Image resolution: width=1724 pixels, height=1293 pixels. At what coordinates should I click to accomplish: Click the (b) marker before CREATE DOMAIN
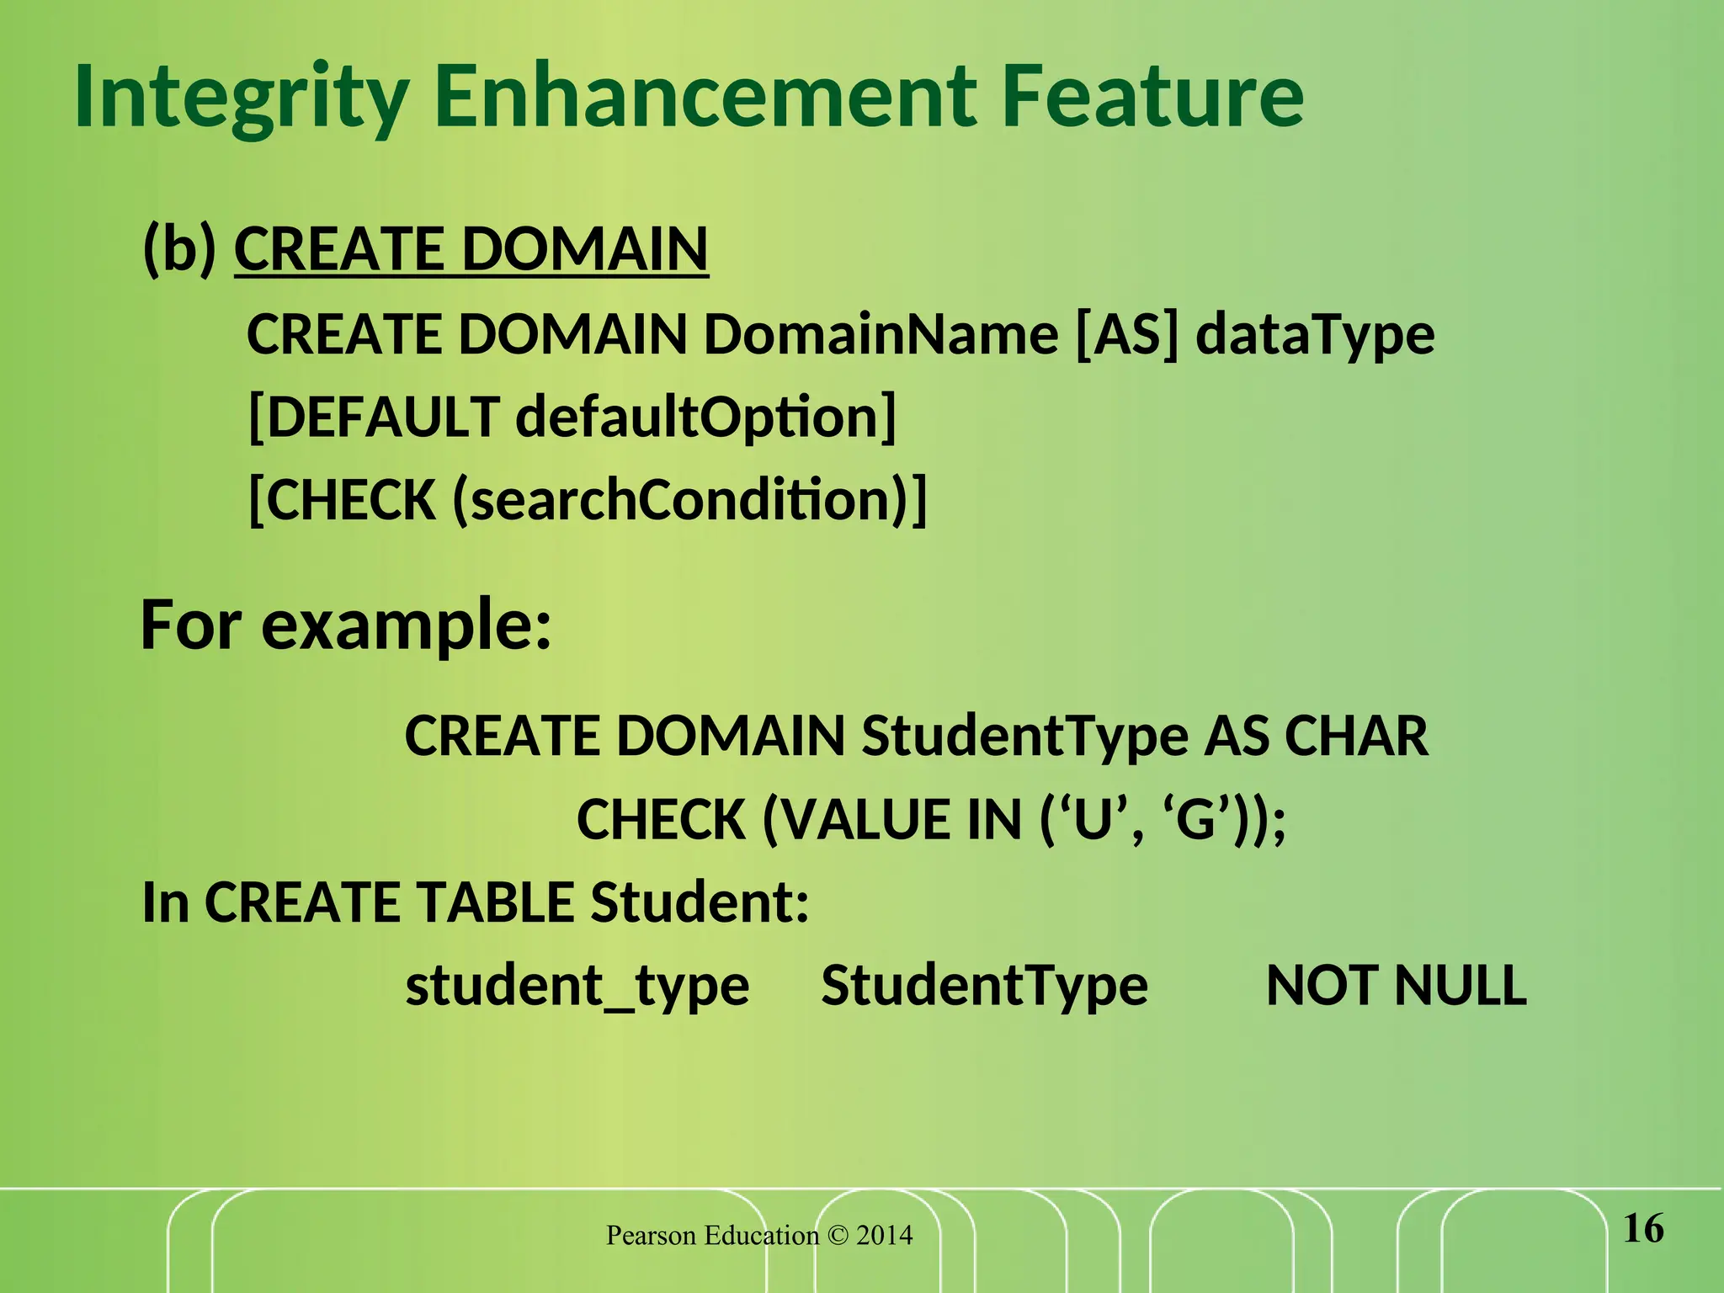pyautogui.click(x=179, y=250)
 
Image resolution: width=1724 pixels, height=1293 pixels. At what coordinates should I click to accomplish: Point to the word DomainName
pyautogui.click(x=881, y=334)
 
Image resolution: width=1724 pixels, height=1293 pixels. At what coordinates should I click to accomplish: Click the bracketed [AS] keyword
pyautogui.click(x=1127, y=334)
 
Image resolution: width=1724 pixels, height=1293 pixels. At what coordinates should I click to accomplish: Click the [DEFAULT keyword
pyautogui.click(x=375, y=418)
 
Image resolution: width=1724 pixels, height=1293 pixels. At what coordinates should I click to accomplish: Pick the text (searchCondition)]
pyautogui.click(x=689, y=500)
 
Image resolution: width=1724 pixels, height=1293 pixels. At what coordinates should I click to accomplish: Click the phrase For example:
pyautogui.click(x=346, y=625)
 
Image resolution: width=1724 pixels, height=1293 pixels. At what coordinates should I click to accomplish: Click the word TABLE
pyautogui.click(x=496, y=902)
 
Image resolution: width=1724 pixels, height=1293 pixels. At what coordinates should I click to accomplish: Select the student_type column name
pyautogui.click(x=577, y=986)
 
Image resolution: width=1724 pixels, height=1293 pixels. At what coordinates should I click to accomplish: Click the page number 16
pyautogui.click(x=1642, y=1229)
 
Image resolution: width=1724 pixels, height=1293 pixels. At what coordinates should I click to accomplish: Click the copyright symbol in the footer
pyautogui.click(x=838, y=1236)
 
